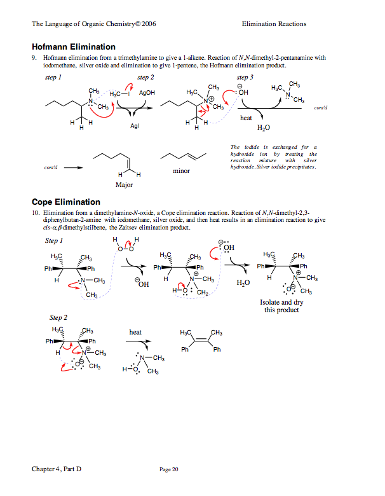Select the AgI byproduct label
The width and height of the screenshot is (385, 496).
pos(134,127)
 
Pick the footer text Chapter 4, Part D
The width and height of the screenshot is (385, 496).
pos(57,469)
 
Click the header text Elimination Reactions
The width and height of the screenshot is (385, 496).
pos(274,24)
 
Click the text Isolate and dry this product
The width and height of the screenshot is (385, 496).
pos(281,306)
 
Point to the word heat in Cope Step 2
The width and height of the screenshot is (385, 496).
pos(135,332)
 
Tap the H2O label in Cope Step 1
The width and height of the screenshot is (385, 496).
pos(243,282)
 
